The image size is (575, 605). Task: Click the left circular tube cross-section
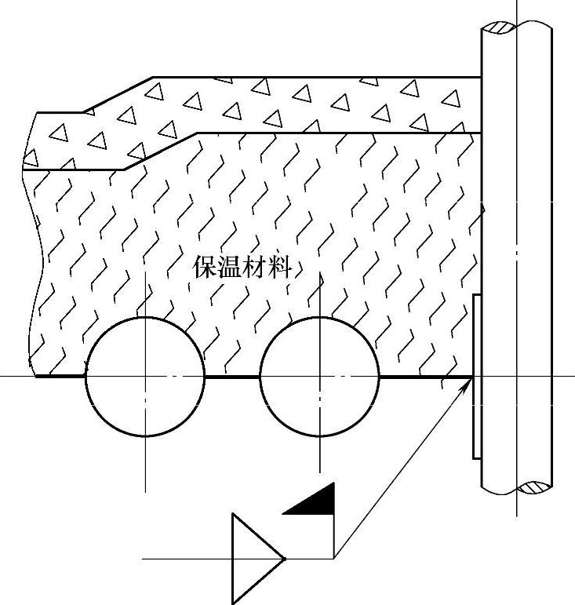coord(145,377)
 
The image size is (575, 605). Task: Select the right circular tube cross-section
coord(319,377)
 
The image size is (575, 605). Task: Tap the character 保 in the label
coord(206,268)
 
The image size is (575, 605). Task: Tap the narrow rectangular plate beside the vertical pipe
coord(477,377)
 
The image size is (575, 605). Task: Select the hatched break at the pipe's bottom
coord(535,487)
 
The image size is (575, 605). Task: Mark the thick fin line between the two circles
coord(232,377)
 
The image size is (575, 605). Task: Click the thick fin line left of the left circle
coord(61,377)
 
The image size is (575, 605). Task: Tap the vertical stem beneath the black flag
coord(335,538)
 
